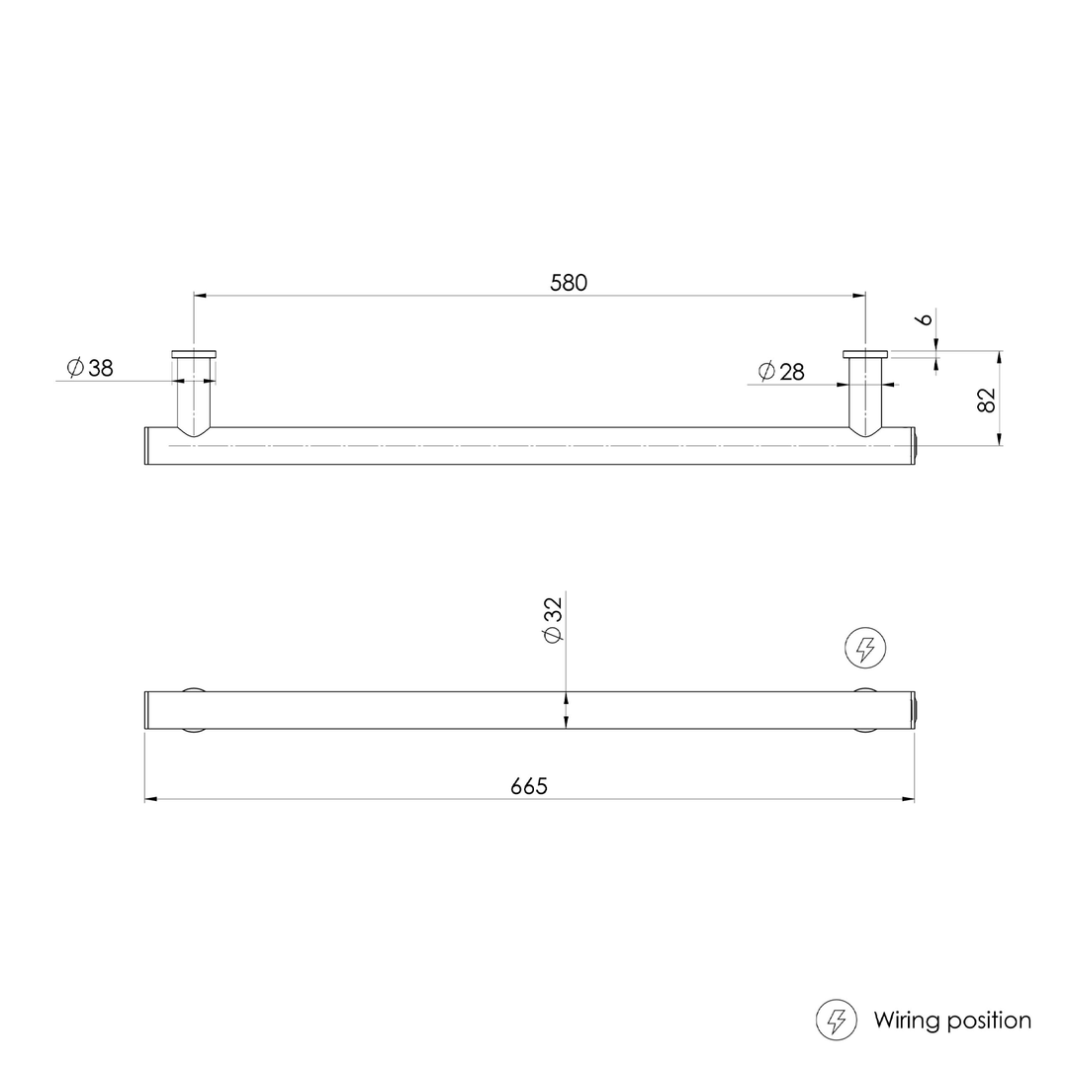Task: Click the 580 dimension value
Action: (x=569, y=282)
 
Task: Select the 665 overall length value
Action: (x=529, y=786)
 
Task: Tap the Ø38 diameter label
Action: (x=90, y=368)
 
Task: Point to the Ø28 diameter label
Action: (x=781, y=372)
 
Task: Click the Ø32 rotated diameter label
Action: (x=553, y=620)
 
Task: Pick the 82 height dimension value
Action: (x=986, y=400)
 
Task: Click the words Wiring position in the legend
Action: (x=951, y=1020)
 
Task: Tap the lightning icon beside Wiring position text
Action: (x=837, y=1020)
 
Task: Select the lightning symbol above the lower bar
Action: (x=865, y=649)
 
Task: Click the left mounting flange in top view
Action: (x=194, y=353)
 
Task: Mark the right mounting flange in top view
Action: (x=865, y=353)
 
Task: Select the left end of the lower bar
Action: (x=147, y=710)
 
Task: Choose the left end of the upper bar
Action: (x=147, y=446)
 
